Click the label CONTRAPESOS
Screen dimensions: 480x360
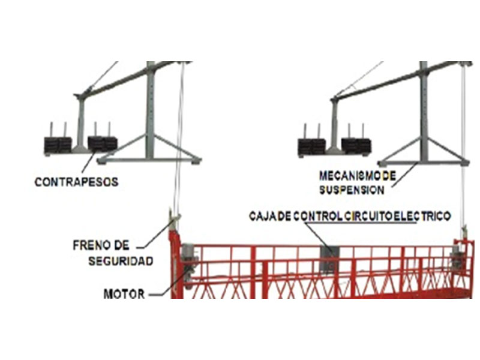click(x=77, y=182)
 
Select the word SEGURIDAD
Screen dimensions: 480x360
click(x=121, y=261)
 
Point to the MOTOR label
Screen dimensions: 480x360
click(x=124, y=294)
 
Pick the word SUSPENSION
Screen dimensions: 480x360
click(x=352, y=190)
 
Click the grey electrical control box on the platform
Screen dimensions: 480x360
click(x=329, y=259)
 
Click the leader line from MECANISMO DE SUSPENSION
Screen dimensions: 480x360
click(x=405, y=175)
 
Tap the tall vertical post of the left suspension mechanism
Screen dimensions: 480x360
click(x=151, y=110)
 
